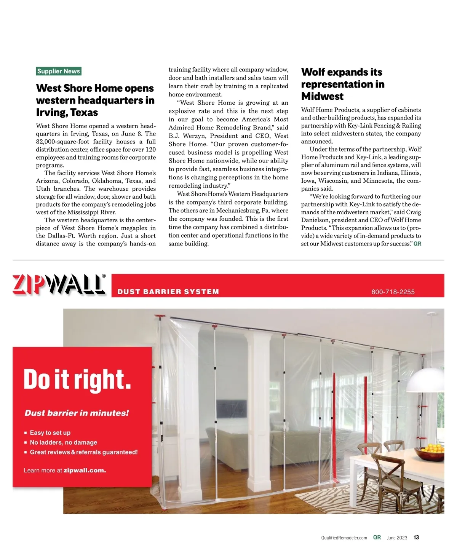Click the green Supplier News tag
[x=59, y=71]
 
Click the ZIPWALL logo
[x=59, y=284]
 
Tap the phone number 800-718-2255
[x=393, y=292]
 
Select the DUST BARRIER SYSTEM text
[x=168, y=292]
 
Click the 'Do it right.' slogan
[x=77, y=380]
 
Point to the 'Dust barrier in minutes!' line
[x=77, y=413]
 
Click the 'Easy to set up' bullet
[x=50, y=433]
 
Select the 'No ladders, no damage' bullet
[x=63, y=442]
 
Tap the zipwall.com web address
[x=85, y=471]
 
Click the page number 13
[x=416, y=538]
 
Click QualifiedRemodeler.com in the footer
[x=344, y=538]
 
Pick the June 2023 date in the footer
[x=397, y=538]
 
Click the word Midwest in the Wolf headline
[x=322, y=96]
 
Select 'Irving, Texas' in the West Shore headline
[x=67, y=113]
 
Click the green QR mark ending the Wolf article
[x=417, y=244]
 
